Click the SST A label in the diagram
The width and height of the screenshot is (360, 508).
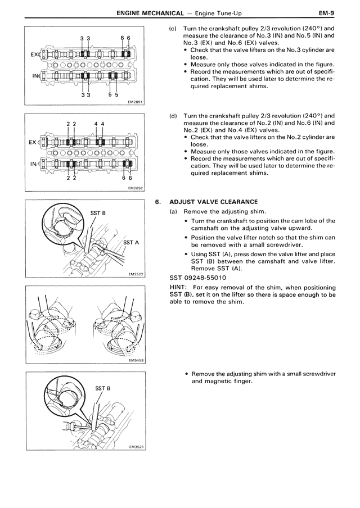click(x=130, y=242)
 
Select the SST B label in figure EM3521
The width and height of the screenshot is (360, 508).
click(x=103, y=388)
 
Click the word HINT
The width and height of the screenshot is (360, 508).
click(x=179, y=287)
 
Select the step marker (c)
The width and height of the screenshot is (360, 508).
click(x=173, y=29)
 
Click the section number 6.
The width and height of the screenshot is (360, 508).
click(x=159, y=202)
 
